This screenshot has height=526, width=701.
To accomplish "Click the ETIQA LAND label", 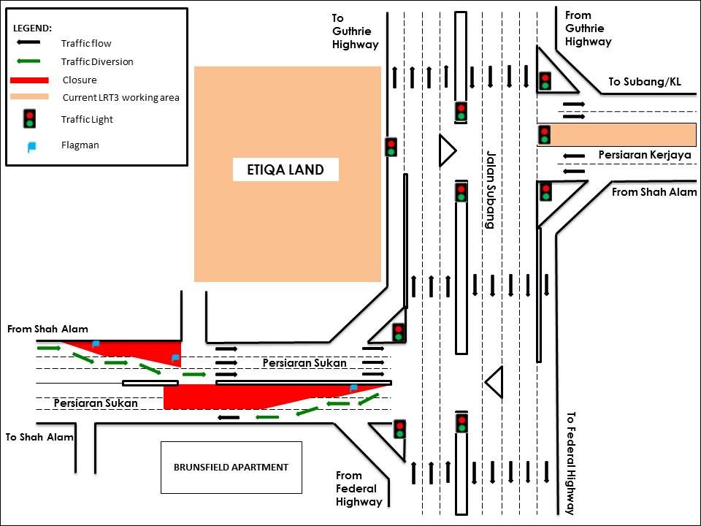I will click(x=286, y=169).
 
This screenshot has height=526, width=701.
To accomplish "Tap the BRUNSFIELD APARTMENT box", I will click(x=231, y=467).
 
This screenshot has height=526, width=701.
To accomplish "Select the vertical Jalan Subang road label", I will click(x=490, y=190).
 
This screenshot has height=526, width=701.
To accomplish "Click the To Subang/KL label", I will click(x=644, y=82).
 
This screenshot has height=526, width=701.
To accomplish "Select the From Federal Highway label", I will click(x=359, y=489).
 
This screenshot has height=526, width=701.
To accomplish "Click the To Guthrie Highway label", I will click(x=356, y=31).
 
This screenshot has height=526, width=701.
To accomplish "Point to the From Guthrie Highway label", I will click(x=588, y=28).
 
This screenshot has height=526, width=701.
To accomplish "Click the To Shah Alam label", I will click(x=39, y=437).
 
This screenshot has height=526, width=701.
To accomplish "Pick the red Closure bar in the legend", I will click(x=29, y=80).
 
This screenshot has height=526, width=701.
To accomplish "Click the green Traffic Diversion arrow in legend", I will click(x=29, y=61).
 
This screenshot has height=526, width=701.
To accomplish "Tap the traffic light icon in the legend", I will click(x=29, y=118).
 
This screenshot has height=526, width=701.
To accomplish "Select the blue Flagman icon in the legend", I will click(x=31, y=146).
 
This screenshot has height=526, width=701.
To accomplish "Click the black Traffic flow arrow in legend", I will click(x=29, y=44).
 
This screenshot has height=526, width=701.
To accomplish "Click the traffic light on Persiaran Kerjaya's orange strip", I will click(x=544, y=134).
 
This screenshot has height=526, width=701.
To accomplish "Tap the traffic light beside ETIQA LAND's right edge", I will click(x=391, y=147).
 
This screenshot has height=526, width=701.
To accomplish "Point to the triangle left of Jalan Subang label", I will click(x=446, y=151).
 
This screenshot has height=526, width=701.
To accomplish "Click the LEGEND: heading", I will click(x=33, y=28).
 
